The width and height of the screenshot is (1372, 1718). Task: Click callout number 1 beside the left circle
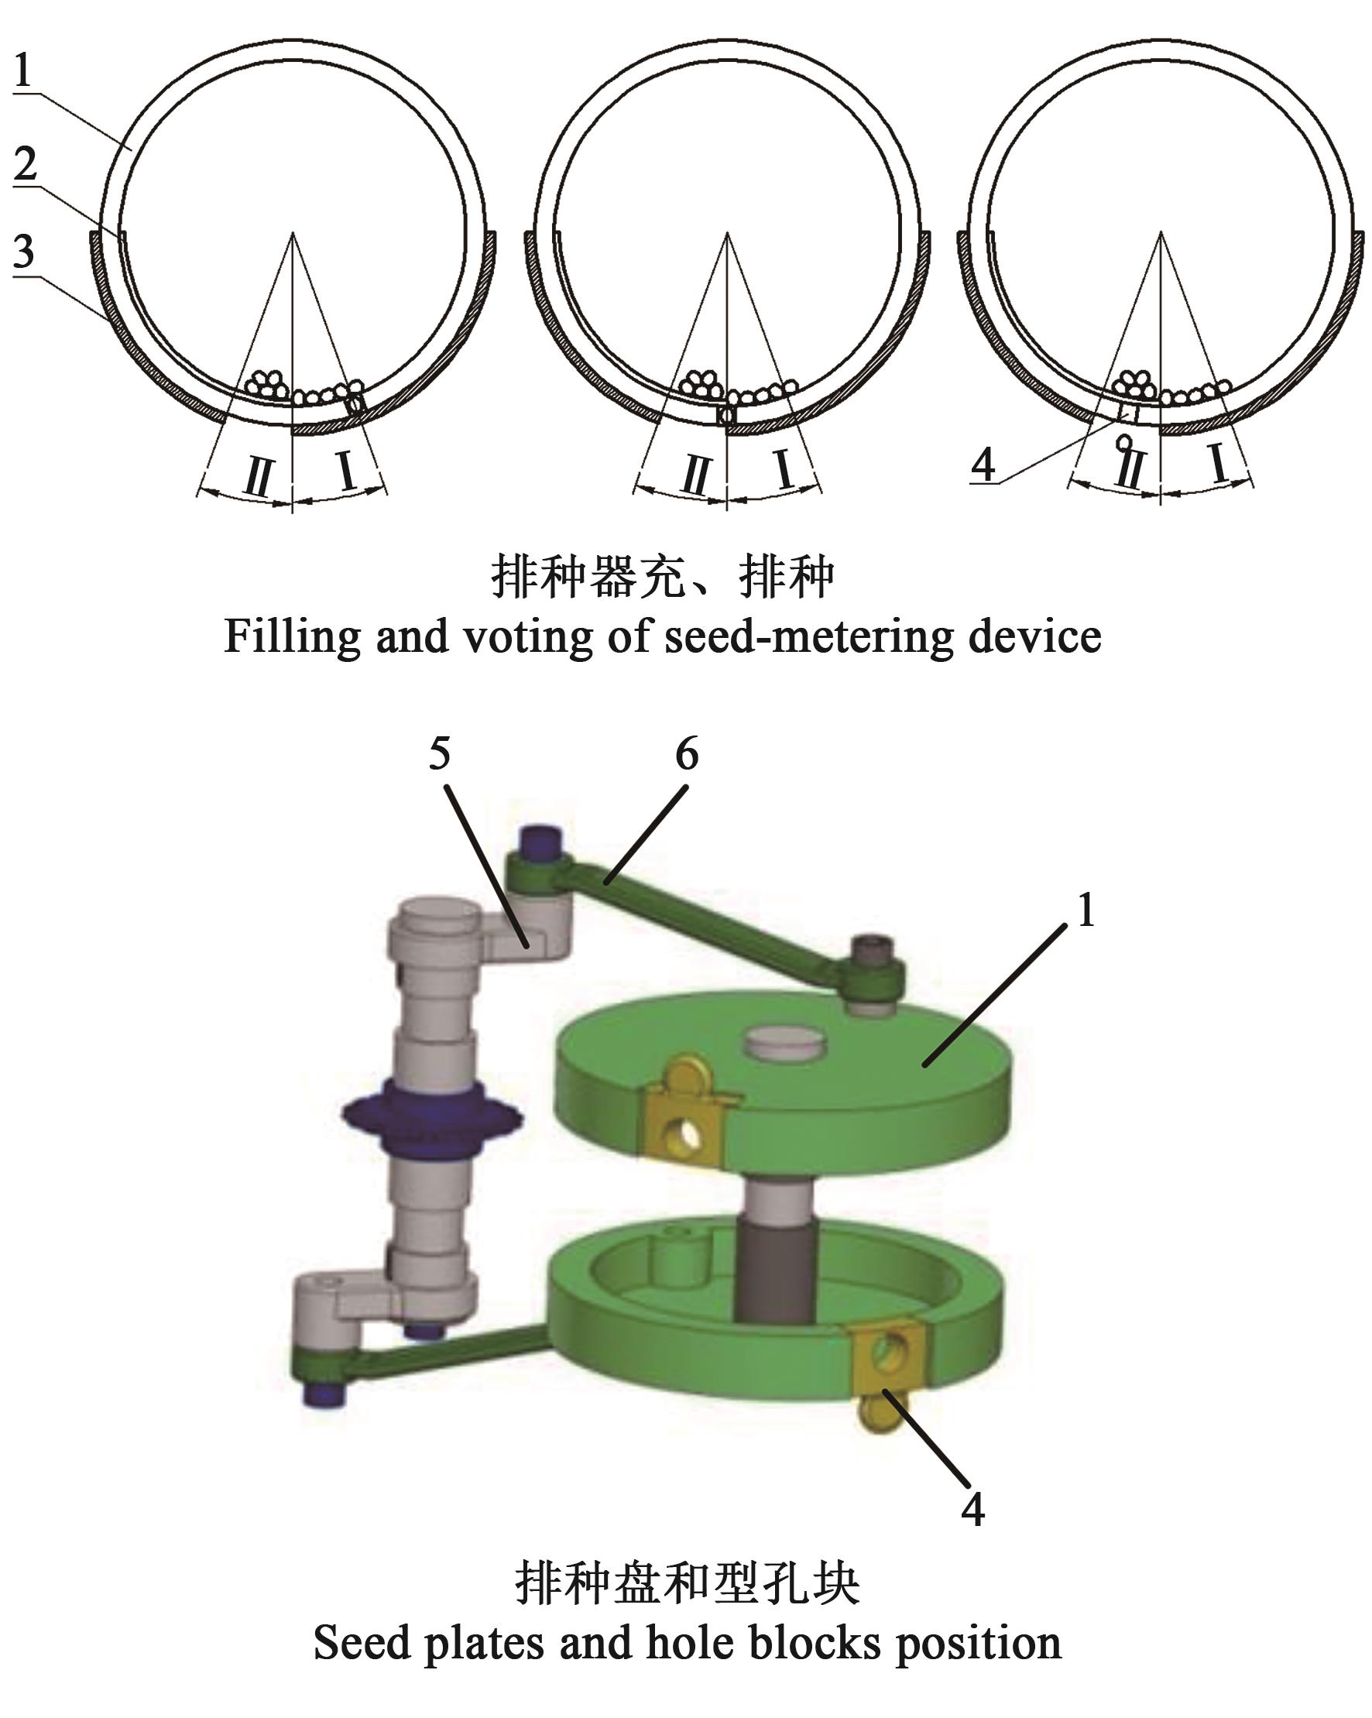point(23,70)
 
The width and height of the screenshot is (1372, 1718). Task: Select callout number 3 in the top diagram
point(24,251)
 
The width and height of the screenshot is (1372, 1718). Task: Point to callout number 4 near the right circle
point(983,465)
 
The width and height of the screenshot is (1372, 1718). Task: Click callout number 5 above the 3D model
point(440,753)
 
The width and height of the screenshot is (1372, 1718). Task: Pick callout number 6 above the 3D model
point(687,753)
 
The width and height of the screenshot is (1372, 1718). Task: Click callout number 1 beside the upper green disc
point(1086,909)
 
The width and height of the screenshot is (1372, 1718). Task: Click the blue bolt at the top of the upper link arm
point(540,842)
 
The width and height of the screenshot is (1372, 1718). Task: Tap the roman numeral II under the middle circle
point(695,475)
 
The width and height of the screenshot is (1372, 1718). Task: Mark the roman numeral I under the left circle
point(347,471)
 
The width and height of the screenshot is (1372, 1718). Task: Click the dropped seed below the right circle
point(1125,440)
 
